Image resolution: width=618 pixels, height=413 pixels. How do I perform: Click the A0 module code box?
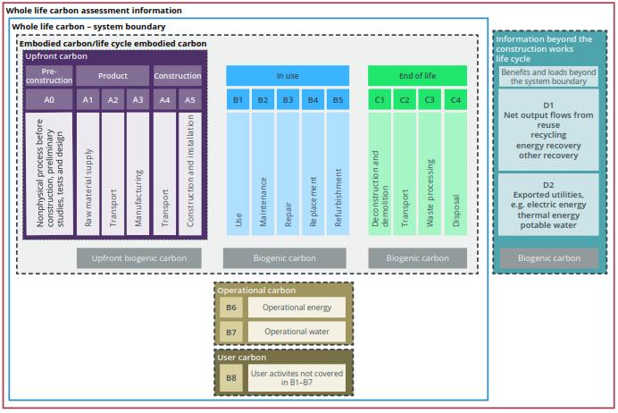[49, 100]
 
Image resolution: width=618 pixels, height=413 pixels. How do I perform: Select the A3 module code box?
[138, 100]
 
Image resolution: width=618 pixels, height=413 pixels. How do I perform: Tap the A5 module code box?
[190, 100]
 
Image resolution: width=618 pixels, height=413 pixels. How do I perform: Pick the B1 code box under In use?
[238, 100]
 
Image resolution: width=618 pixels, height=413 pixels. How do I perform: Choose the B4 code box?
[313, 100]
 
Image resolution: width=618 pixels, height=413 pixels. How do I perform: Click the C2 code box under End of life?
[405, 100]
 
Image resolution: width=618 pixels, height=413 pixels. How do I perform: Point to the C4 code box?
[455, 100]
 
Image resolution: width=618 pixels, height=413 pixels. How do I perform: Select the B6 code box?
[231, 308]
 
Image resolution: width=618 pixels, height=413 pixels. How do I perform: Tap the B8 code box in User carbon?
[231, 378]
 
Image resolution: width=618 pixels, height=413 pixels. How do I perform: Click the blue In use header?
[288, 76]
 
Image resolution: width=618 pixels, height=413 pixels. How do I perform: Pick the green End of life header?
[417, 76]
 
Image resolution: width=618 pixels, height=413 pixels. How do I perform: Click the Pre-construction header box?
[49, 76]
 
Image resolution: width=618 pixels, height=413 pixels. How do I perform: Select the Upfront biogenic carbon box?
[138, 258]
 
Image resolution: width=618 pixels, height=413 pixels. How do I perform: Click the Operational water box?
[296, 332]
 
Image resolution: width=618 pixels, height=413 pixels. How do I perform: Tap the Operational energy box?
[296, 308]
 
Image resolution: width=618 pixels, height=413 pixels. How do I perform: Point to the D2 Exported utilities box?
[547, 204]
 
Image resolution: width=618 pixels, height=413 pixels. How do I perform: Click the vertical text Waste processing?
[430, 192]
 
